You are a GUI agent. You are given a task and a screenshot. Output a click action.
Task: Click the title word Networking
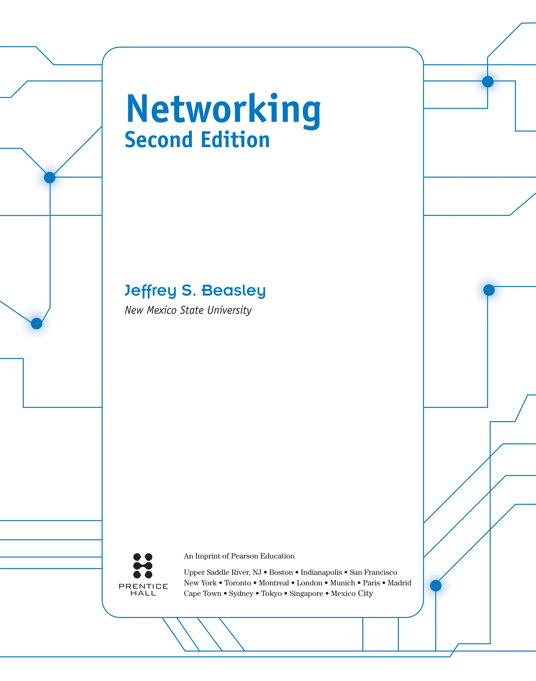click(223, 109)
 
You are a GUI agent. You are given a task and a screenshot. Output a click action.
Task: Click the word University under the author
click(230, 310)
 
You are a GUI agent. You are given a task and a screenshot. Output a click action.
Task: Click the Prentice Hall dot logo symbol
click(143, 566)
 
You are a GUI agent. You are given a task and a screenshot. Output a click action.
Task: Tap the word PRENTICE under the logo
click(143, 586)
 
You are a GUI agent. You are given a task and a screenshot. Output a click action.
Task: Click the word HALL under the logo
click(143, 593)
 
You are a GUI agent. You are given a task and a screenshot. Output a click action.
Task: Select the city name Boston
click(281, 572)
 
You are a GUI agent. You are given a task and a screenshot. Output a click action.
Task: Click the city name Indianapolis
click(321, 572)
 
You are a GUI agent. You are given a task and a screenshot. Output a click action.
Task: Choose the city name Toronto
click(238, 583)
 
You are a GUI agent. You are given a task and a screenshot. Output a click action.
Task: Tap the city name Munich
click(342, 583)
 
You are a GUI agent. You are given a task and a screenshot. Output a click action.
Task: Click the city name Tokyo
click(271, 593)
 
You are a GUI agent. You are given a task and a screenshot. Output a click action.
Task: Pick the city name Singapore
click(306, 593)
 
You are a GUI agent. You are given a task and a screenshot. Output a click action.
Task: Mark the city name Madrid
click(399, 583)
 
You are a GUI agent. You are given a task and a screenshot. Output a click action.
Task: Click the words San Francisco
click(373, 572)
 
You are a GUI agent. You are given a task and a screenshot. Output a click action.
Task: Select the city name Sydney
click(241, 593)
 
